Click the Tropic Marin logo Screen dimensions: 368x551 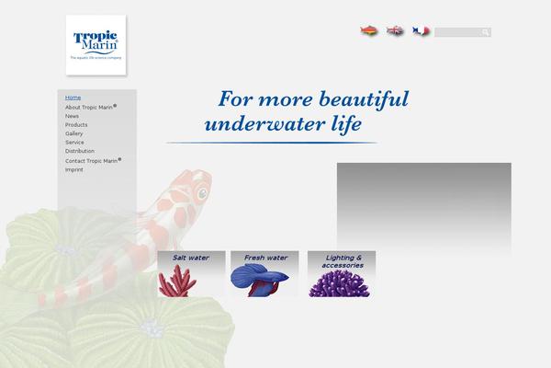pyautogui.click(x=96, y=44)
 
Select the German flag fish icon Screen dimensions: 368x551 pyautogui.click(x=368, y=31)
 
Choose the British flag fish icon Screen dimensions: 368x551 pyautogui.click(x=395, y=31)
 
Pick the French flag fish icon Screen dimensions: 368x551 pyautogui.click(x=422, y=31)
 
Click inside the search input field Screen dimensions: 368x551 pyautogui.click(x=457, y=32)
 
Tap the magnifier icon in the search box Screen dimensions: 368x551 pyautogui.click(x=486, y=32)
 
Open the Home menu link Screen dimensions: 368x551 pyautogui.click(x=73, y=97)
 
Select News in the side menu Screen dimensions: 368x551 pyautogui.click(x=72, y=116)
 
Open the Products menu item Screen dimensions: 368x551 pyautogui.click(x=76, y=125)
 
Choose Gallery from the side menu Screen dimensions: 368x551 pyautogui.click(x=74, y=133)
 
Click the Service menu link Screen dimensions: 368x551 pyautogui.click(x=74, y=143)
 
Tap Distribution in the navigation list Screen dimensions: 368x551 pyautogui.click(x=80, y=151)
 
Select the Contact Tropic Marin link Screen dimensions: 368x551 pyautogui.click(x=93, y=161)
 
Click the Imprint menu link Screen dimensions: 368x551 pyautogui.click(x=74, y=170)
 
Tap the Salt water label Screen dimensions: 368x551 pyautogui.click(x=191, y=258)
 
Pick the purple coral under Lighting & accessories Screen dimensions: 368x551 pyautogui.click(x=342, y=282)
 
